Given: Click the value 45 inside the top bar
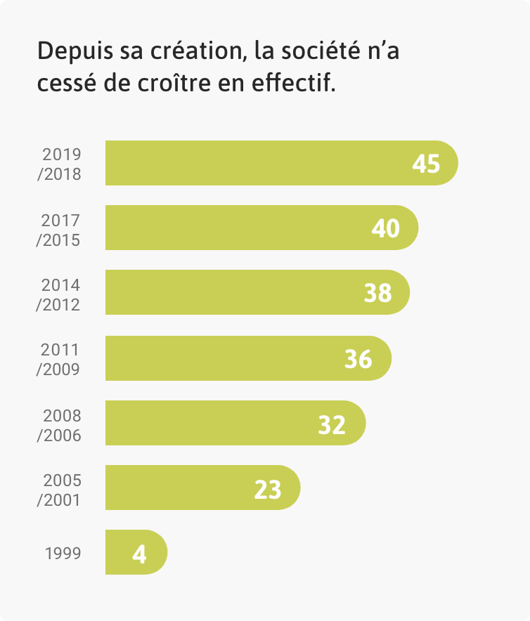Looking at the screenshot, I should (x=426, y=164).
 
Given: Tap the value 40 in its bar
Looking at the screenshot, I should (x=386, y=228).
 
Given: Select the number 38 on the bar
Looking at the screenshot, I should (x=377, y=293).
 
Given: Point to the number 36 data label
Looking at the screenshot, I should (x=358, y=359).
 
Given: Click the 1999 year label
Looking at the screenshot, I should (x=63, y=553).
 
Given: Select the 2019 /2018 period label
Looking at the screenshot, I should (x=60, y=164).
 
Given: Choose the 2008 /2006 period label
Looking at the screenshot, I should (x=60, y=425).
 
